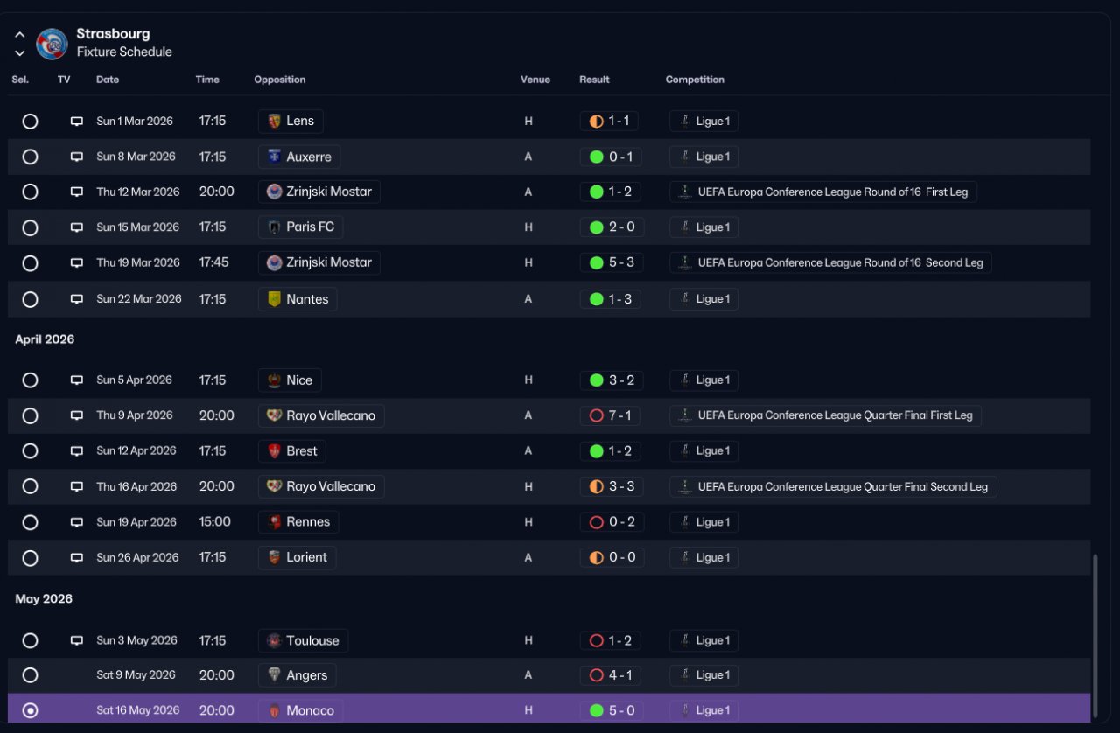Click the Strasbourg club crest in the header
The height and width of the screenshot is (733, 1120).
(52, 44)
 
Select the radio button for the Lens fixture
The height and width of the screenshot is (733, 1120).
(30, 121)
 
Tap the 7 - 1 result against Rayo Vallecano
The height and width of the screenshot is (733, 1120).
(610, 415)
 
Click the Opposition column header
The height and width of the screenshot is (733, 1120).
(279, 80)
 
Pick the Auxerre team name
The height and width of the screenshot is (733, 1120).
(309, 157)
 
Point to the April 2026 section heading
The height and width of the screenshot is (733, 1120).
(45, 339)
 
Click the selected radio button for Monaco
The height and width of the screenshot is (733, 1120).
(30, 710)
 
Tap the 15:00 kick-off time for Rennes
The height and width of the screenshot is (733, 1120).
(215, 521)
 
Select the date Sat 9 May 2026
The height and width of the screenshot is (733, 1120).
(136, 675)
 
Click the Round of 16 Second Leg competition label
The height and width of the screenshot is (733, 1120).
(830, 262)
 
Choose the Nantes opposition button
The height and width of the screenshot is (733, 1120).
(297, 299)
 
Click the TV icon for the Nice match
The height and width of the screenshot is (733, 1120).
(76, 380)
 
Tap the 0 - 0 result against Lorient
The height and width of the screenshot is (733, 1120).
(612, 557)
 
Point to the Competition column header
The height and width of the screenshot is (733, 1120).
(695, 80)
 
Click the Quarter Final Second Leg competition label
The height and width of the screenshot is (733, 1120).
(833, 486)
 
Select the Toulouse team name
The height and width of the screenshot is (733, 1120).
(312, 640)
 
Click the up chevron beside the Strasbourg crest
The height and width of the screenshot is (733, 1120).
(20, 35)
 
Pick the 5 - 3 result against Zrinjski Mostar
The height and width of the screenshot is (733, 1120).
(612, 262)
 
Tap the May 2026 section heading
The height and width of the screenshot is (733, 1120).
(44, 599)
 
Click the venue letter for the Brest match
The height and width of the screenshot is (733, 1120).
(528, 451)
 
